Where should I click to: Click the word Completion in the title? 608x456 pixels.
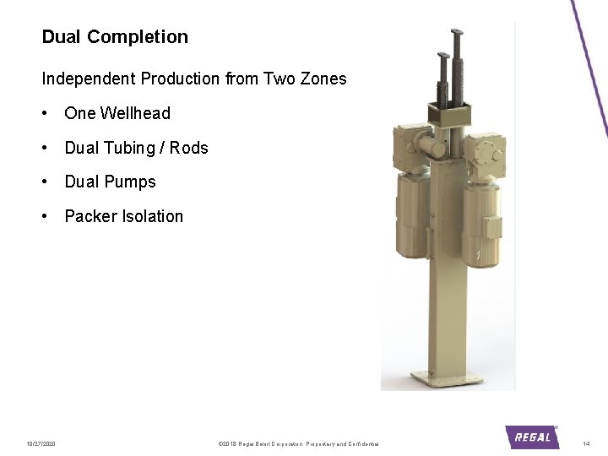tap(138, 37)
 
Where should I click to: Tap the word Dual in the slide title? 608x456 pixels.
tap(62, 37)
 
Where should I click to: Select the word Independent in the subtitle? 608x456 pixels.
tap(89, 79)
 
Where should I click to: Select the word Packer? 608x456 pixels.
tap(91, 216)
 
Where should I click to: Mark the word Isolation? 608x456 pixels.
tap(153, 216)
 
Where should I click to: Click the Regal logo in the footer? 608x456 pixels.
tap(532, 437)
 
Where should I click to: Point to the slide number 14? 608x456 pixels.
tap(586, 443)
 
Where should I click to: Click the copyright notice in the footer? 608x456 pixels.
tap(298, 443)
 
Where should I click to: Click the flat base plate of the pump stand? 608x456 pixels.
tap(447, 377)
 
